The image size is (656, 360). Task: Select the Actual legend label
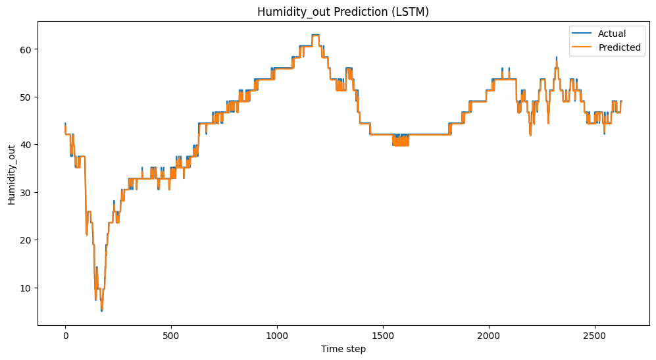coord(611,34)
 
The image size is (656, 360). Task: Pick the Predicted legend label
coord(619,48)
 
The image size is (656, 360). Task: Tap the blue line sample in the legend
coord(584,34)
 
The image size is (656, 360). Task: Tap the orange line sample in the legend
coord(584,48)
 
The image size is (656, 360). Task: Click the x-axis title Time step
coord(343,349)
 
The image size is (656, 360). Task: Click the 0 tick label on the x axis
coord(65,335)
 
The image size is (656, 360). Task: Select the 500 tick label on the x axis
coord(171,335)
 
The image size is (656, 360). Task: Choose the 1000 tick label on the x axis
coord(277,335)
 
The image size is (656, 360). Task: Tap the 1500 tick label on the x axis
coord(383,335)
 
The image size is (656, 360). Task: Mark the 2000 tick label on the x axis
coord(489,335)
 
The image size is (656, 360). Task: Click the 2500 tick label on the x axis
coord(595,335)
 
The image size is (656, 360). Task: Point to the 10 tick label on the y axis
coord(28,288)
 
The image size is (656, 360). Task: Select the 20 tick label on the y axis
coord(28,240)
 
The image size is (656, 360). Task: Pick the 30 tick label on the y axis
coord(28,192)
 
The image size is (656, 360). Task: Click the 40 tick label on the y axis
coord(28,145)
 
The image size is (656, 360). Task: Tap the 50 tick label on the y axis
coord(28,97)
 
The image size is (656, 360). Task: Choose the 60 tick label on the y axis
coord(28,49)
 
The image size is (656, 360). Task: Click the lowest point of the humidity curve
coord(101,310)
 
